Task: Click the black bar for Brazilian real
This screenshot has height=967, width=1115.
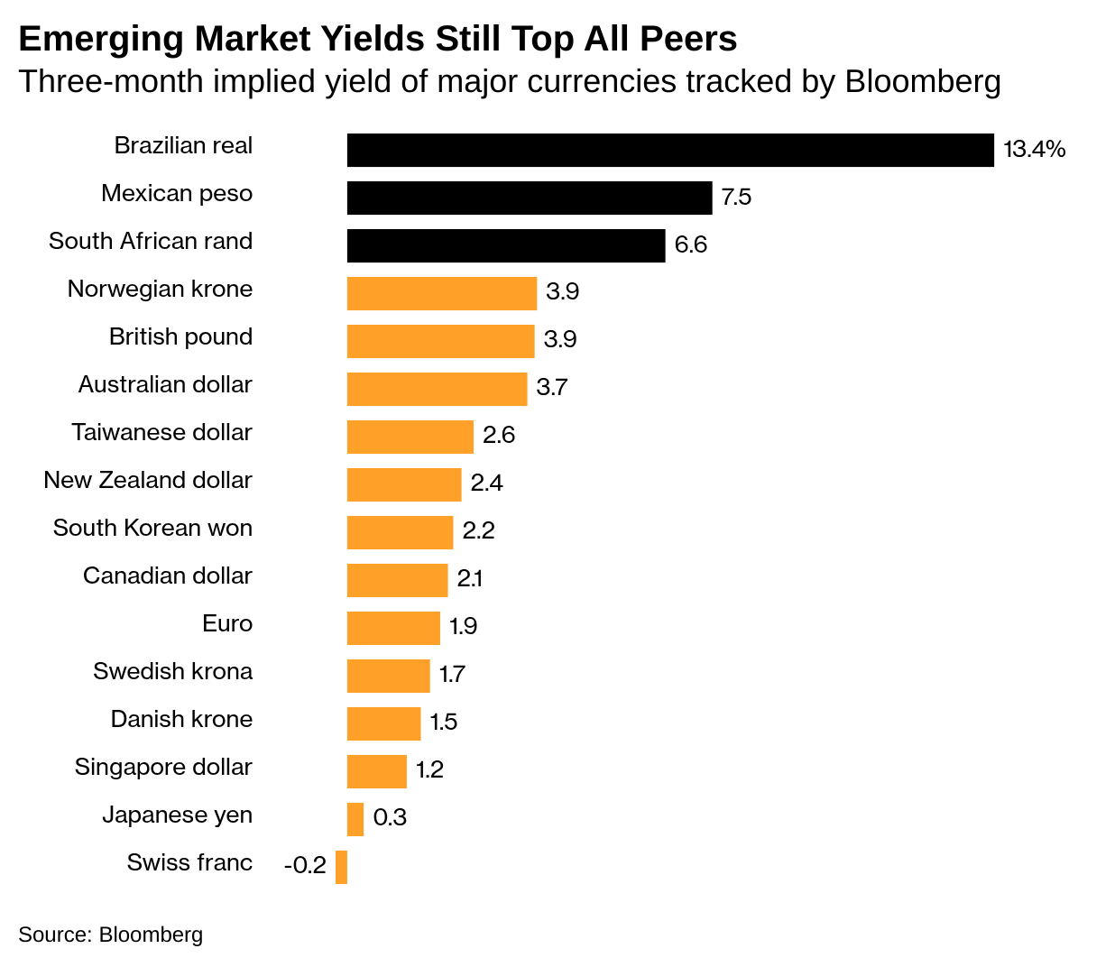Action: (x=669, y=151)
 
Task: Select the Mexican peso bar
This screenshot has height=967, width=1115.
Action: (x=529, y=198)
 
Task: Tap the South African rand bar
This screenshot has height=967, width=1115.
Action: (x=505, y=245)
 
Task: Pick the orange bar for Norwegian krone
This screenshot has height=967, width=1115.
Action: (x=441, y=293)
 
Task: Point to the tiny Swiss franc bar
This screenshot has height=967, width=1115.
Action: (x=341, y=867)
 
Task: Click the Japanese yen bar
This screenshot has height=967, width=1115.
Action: (x=355, y=819)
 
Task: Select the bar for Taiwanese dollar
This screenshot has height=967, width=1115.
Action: (x=410, y=437)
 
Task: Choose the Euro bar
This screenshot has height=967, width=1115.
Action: (x=393, y=628)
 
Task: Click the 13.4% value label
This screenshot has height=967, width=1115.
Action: (x=1034, y=150)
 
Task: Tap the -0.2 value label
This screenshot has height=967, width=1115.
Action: (x=305, y=866)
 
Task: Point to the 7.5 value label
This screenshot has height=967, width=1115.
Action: (x=736, y=198)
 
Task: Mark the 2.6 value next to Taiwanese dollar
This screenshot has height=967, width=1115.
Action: (x=498, y=436)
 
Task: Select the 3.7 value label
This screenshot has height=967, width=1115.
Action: (x=551, y=388)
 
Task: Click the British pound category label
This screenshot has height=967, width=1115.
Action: (x=180, y=337)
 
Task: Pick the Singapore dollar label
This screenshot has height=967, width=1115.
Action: (x=163, y=768)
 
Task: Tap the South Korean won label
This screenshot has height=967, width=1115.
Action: (x=152, y=529)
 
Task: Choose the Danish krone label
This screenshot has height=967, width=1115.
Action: (x=181, y=720)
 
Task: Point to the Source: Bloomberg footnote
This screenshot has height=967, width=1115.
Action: (x=110, y=935)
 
